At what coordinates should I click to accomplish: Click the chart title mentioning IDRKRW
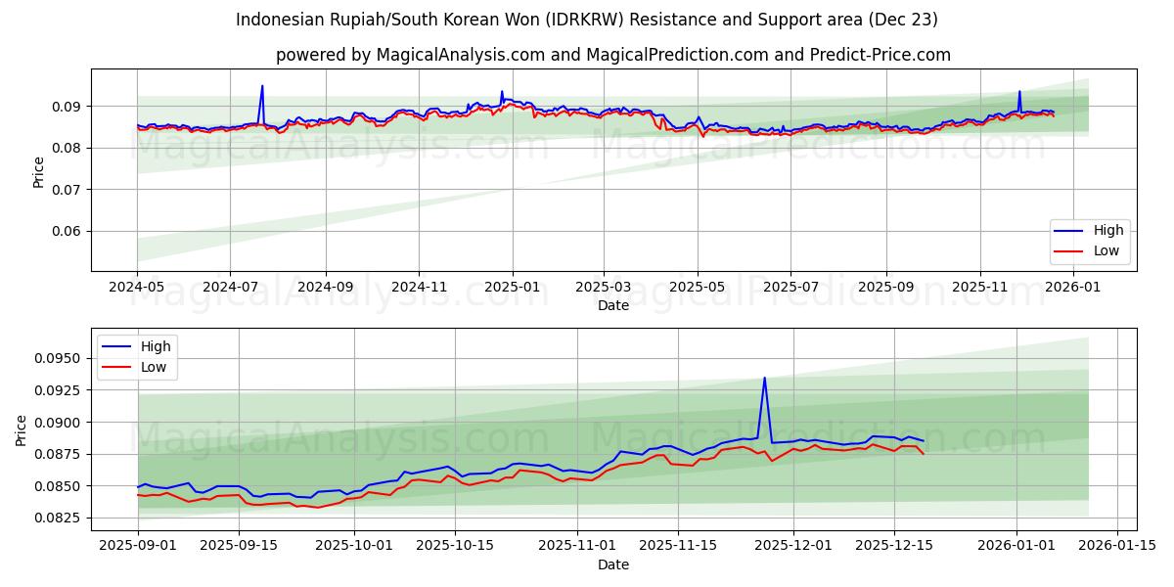[587, 20]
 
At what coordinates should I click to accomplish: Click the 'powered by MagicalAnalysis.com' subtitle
[612, 55]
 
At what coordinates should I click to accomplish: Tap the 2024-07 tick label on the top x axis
[230, 289]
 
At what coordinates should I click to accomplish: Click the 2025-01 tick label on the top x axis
[512, 289]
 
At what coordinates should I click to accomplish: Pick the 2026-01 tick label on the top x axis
[1073, 289]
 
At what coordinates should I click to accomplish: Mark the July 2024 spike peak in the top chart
[261, 86]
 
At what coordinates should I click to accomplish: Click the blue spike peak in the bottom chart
[764, 378]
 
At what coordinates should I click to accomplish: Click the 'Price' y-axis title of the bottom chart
[22, 430]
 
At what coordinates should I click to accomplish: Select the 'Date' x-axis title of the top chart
[613, 306]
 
